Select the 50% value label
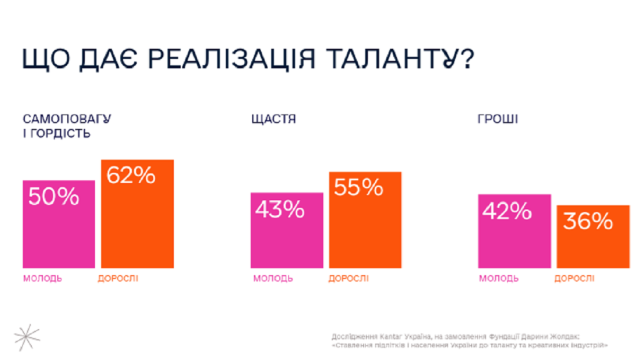tap(54, 197)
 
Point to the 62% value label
tap(131, 175)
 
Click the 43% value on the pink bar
tap(280, 210)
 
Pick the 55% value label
tap(359, 188)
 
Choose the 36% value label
tap(588, 222)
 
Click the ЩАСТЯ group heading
tap(273, 120)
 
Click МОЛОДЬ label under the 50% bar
tap(42, 278)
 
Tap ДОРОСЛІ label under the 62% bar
tap(118, 278)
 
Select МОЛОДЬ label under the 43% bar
tap(272, 278)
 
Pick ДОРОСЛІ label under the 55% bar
tap(348, 278)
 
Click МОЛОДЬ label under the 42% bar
tap(499, 278)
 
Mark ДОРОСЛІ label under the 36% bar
tap(575, 278)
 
